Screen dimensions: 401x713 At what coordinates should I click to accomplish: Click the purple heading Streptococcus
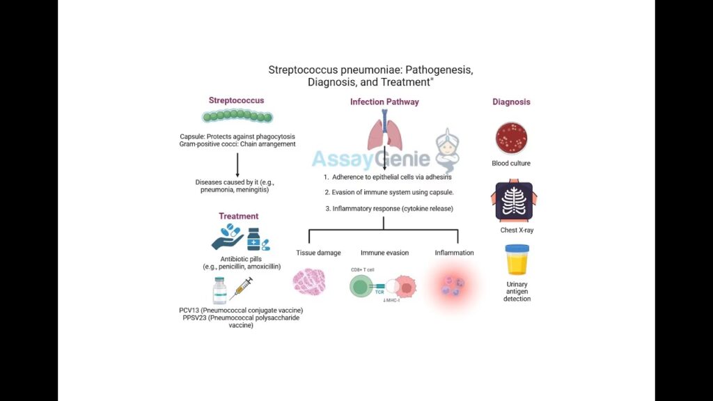[x=236, y=100]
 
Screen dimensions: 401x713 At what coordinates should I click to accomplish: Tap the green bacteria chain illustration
[x=236, y=116]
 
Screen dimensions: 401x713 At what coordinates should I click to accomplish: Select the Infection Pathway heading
[x=384, y=102]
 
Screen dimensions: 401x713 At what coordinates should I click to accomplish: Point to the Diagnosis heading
[x=511, y=102]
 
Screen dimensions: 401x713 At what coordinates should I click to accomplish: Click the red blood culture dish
[x=511, y=138]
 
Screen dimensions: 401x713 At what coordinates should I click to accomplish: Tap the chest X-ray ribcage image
[x=513, y=201]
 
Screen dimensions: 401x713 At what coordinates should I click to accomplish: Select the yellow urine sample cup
[x=517, y=261]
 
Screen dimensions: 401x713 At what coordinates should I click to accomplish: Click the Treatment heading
[x=238, y=216]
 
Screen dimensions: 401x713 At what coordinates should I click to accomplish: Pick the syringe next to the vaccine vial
[x=241, y=288]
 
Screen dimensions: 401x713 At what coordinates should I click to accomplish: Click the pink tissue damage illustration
[x=309, y=283]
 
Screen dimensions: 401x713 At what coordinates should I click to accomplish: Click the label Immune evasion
[x=384, y=253]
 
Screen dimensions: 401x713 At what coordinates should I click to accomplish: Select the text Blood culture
[x=511, y=164]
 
